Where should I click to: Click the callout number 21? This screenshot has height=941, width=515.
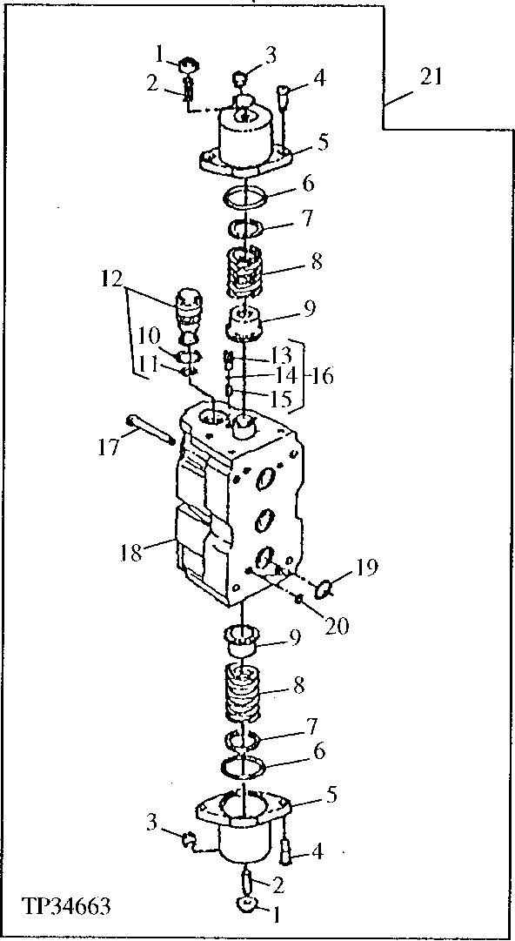tap(431, 77)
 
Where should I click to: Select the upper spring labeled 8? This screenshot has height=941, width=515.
tap(246, 272)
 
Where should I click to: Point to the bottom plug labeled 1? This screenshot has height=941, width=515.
tap(247, 907)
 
